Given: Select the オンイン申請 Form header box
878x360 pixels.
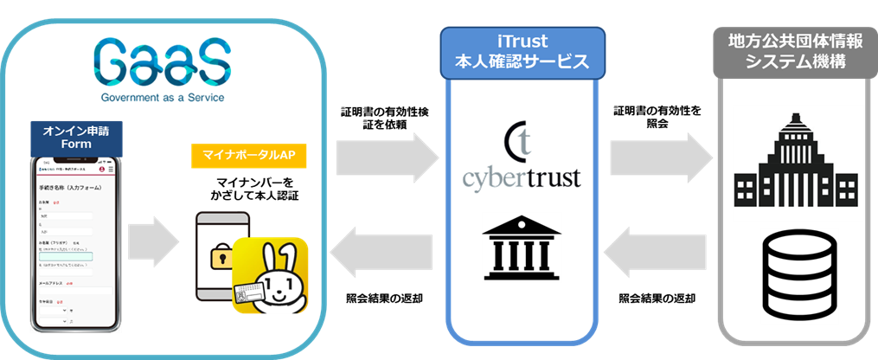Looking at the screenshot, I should point(76,138).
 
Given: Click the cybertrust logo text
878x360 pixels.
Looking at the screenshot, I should point(521,178).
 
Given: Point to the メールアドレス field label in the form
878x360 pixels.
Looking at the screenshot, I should point(52,282).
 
